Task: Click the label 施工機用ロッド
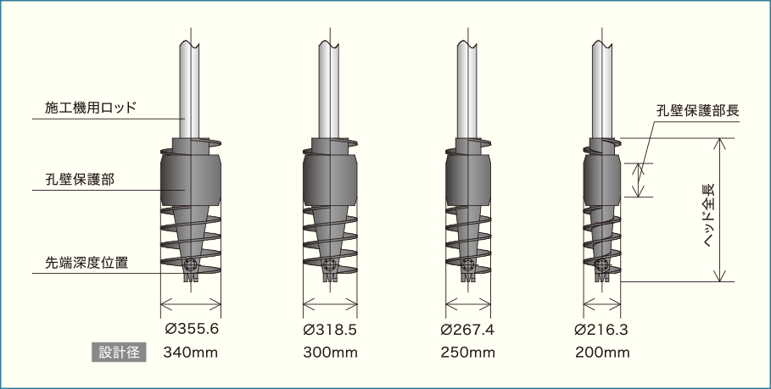tap(91, 108)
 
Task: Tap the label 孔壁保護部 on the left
tap(80, 180)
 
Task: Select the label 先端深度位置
tap(87, 263)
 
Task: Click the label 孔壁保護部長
tap(698, 110)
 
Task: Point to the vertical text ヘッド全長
tap(708, 214)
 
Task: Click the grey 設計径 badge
tap(119, 353)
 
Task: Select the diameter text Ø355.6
tap(192, 329)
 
